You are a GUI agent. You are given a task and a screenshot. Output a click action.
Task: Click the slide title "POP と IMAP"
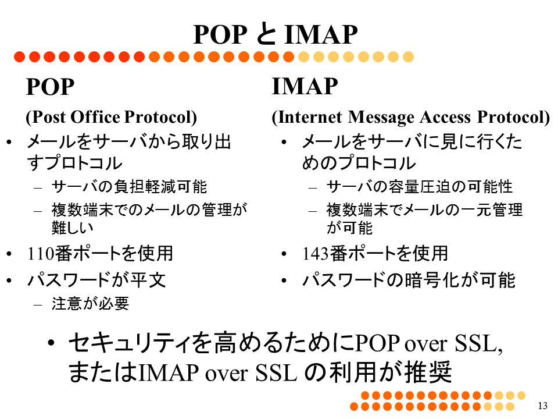[x=276, y=34]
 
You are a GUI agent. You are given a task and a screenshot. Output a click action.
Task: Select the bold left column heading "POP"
[x=50, y=87]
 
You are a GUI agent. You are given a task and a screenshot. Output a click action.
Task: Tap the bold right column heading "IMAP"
[x=305, y=86]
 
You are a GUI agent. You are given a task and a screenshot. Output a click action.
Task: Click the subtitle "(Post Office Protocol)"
[x=112, y=117]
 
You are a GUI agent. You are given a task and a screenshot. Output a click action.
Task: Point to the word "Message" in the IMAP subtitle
[x=381, y=117]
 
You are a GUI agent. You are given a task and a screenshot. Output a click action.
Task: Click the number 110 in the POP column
[x=41, y=254]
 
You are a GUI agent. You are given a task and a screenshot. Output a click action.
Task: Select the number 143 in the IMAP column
[x=316, y=254]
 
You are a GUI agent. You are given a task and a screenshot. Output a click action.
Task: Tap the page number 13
[x=543, y=406]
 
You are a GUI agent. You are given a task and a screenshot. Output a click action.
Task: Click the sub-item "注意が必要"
[x=90, y=304]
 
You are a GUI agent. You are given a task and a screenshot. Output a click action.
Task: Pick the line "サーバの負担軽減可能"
[x=129, y=187]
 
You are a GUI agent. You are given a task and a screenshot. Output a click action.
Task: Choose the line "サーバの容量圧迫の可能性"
[x=420, y=187]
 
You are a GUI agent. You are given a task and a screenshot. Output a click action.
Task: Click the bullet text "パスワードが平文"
[x=96, y=280]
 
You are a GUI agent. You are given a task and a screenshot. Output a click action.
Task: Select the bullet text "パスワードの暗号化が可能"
[x=409, y=280]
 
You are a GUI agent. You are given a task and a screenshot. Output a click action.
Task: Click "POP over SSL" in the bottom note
[x=429, y=343]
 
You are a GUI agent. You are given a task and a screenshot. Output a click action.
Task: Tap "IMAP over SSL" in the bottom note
[x=218, y=372]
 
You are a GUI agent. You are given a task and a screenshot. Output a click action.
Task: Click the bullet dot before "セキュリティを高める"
[x=51, y=343]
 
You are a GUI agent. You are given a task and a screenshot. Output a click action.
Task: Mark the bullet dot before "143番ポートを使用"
[x=284, y=254]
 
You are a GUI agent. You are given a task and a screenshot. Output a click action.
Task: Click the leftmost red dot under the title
[x=20, y=56]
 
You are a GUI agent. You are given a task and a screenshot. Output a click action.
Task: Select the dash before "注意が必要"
[x=38, y=304]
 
